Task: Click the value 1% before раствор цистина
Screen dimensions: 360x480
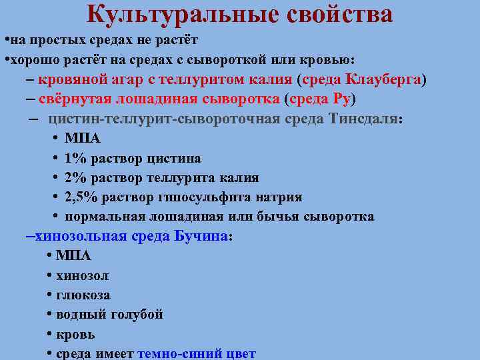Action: click(73, 159)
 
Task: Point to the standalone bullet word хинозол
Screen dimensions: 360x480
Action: click(83, 275)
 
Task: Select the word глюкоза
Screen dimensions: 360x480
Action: click(83, 295)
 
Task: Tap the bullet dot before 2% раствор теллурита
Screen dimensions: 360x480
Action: click(53, 178)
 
